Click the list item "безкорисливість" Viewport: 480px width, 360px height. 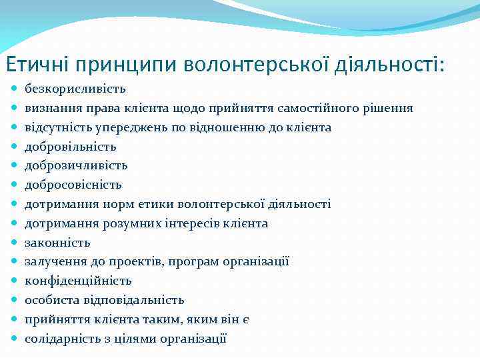pos(75,89)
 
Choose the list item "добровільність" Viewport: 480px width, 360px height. pos(71,147)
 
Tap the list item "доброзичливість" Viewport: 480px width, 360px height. pos(76,165)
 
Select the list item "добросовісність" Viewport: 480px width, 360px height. pos(73,185)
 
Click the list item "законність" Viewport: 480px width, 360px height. pos(57,243)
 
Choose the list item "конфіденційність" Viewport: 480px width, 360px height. pos(78,281)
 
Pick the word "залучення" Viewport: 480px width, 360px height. pos(53,262)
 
